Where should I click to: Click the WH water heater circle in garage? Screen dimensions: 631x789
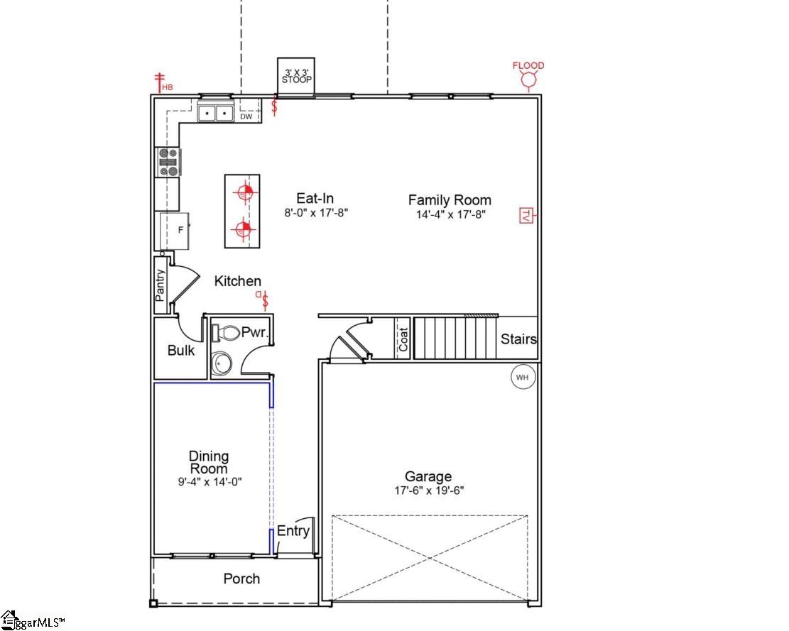pos(523,377)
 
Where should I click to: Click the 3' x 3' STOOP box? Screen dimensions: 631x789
pos(295,75)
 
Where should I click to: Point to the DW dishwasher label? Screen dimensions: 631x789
pos(246,116)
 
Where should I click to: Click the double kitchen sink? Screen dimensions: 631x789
pos(215,113)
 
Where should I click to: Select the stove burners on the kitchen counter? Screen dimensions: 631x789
pos(169,163)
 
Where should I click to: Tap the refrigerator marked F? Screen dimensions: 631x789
pos(175,231)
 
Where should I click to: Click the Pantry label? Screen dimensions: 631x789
pos(160,285)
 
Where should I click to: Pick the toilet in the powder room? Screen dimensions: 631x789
pos(225,332)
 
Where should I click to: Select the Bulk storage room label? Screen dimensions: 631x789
pos(180,351)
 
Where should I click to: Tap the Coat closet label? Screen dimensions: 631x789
pos(403,338)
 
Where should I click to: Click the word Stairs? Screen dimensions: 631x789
pos(518,339)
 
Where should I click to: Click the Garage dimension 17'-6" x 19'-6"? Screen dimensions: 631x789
pos(429,490)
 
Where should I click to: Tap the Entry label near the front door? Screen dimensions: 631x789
pos(293,532)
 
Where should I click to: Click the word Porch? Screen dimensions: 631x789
pos(241,579)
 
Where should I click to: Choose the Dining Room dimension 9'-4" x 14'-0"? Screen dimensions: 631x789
pos(210,481)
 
